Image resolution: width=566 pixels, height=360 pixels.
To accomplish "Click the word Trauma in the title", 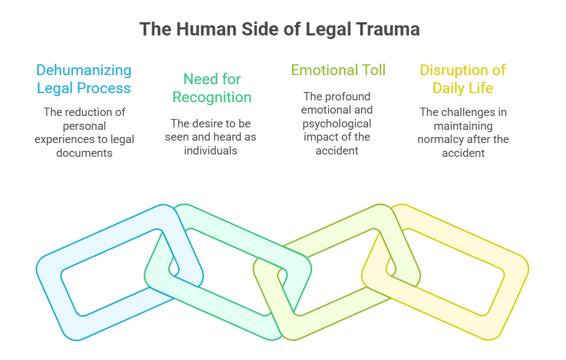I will point(389,29).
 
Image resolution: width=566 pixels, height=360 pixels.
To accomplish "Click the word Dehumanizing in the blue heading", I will point(84,70).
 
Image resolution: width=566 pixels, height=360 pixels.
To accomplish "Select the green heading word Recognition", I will point(212,97).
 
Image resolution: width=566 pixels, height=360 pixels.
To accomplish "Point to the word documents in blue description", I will point(84,153).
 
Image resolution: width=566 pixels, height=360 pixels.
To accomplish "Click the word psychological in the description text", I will point(336,124).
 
